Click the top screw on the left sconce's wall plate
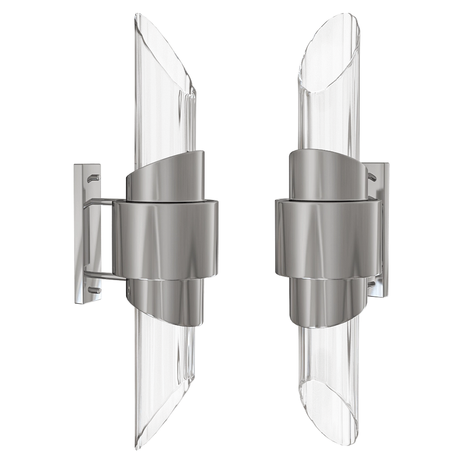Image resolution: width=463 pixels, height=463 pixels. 94,177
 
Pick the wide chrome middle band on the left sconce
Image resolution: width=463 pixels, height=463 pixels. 164,241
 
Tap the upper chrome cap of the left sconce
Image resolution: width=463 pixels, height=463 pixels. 164,178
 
